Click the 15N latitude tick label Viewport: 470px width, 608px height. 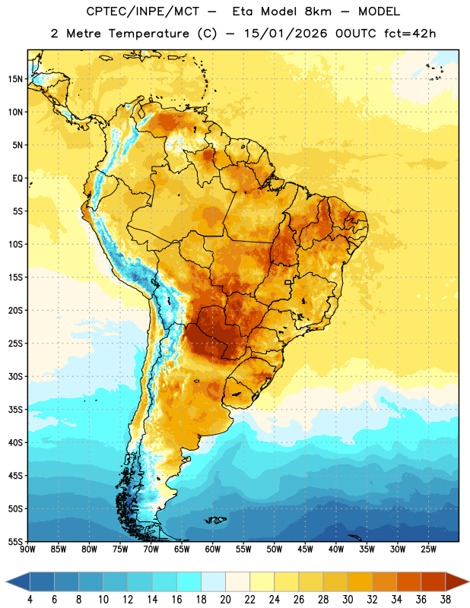click(15, 79)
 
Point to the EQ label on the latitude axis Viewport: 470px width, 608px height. click(17, 179)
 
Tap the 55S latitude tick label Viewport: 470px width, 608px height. click(15, 542)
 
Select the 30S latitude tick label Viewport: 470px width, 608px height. click(15, 376)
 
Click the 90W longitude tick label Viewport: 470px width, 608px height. click(27, 549)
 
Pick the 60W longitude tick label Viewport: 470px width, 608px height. click(213, 549)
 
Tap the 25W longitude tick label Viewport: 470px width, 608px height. click(428, 549)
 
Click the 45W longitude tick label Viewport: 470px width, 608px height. click(305, 549)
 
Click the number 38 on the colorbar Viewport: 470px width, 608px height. click(446, 600)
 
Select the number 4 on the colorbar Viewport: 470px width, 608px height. click(30, 600)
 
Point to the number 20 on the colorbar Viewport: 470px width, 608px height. click(225, 600)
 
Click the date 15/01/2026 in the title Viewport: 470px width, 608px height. click(285, 33)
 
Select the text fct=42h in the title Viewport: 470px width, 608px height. click(410, 33)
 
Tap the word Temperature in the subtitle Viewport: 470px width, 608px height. click(148, 33)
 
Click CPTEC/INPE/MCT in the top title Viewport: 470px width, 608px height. click(143, 11)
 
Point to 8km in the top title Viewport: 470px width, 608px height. click(318, 11)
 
